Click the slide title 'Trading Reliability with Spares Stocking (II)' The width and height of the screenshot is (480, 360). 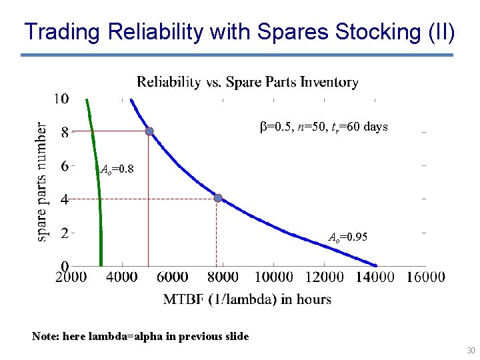click(239, 31)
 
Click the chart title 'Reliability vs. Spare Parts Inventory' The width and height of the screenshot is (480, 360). click(247, 82)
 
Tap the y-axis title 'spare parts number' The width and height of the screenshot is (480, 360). click(42, 181)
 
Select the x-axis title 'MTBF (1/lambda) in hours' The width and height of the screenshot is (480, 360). click(247, 299)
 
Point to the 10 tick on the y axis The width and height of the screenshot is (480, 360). click(61, 99)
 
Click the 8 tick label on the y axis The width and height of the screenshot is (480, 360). click(64, 132)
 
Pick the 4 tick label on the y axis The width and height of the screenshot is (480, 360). click(64, 199)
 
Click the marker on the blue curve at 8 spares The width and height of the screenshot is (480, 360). click(149, 131)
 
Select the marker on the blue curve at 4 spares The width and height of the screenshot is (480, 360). click(217, 198)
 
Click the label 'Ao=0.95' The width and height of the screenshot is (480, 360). click(348, 237)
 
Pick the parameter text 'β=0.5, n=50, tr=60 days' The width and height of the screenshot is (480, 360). click(323, 127)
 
